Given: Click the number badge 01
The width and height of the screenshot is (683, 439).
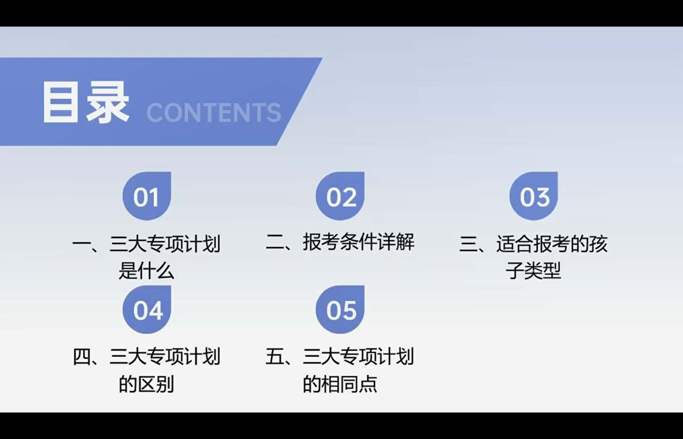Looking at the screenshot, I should [147, 197].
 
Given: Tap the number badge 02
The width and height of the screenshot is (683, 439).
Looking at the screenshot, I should [340, 197].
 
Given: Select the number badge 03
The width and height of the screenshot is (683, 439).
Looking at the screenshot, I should [534, 197].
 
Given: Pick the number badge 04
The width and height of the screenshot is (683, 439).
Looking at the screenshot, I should [147, 310].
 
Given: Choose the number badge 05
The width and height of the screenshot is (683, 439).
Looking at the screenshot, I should [340, 310].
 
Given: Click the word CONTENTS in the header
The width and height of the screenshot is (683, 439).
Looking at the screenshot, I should [214, 112].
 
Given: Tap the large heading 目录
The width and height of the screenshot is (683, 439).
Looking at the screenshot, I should [85, 102].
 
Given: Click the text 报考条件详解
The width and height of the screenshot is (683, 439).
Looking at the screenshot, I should [358, 242].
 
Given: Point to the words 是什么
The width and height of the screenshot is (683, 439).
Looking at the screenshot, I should [147, 270].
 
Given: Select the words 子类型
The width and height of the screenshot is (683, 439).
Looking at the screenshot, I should [533, 270].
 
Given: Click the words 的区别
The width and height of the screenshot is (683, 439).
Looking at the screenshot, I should [147, 384].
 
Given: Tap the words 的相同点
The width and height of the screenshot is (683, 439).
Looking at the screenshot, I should [340, 384].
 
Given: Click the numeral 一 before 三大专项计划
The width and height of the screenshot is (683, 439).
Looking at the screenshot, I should [81, 244].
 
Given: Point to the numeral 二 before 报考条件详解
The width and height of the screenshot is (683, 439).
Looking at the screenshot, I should [275, 242].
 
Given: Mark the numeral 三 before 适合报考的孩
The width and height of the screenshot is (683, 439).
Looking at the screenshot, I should [469, 244].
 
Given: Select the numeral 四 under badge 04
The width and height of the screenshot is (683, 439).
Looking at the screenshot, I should [82, 357].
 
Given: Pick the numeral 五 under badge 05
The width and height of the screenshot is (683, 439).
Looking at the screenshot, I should [275, 357].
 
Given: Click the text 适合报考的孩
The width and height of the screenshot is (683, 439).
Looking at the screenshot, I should [552, 244].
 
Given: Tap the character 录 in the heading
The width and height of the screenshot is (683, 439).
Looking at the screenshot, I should [108, 102].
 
